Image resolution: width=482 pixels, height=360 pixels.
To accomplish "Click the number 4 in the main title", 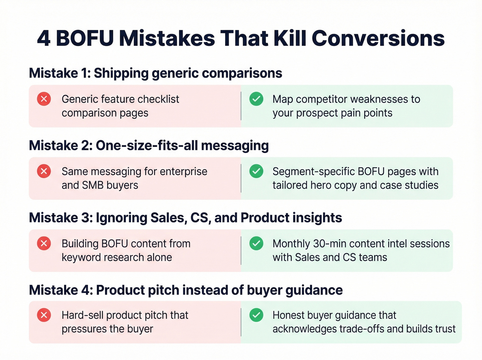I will [x=44, y=38].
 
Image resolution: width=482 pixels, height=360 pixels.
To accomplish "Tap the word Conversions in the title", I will [x=378, y=38].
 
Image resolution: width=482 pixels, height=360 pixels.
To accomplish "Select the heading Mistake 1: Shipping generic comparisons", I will [x=155, y=73].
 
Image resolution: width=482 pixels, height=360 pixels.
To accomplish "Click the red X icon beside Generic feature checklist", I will [x=44, y=99].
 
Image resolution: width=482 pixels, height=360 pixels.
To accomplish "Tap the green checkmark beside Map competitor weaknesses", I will [x=256, y=99].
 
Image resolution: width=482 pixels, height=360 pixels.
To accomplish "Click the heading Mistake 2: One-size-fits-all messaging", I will [x=149, y=145].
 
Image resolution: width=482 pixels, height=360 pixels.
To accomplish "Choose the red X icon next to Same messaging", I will [x=44, y=171].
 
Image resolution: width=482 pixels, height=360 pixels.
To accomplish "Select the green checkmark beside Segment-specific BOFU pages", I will [x=256, y=171].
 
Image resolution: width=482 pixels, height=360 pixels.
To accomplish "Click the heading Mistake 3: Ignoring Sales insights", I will [x=185, y=218].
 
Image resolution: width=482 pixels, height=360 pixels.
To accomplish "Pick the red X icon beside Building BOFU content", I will [x=44, y=244].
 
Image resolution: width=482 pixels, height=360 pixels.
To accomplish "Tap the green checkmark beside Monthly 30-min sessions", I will [x=256, y=244].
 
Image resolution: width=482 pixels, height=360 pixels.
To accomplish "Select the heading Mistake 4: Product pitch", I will [x=186, y=290].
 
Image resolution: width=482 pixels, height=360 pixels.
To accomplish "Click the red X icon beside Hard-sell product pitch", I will [x=44, y=315].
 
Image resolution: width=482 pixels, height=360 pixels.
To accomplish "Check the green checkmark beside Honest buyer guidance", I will [x=256, y=315].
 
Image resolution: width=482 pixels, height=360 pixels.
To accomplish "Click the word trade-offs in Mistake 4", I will [x=361, y=329].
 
